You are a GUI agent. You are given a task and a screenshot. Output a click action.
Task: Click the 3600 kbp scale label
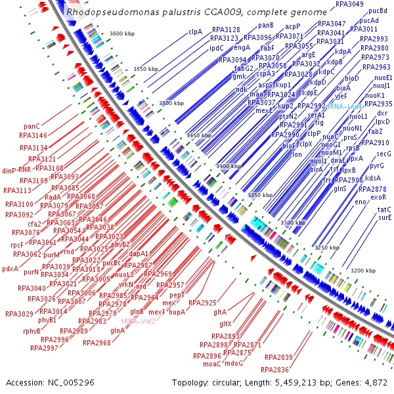(122, 33)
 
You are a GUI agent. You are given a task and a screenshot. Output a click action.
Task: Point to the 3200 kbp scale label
(361, 271)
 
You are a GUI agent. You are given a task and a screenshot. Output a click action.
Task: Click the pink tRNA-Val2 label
(139, 321)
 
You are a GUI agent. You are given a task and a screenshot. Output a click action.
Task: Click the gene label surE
(385, 217)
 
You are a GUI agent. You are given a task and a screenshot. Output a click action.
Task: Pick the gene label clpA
(195, 32)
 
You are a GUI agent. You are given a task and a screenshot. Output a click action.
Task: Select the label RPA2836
(275, 370)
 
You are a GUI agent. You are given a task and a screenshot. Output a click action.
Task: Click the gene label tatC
(385, 209)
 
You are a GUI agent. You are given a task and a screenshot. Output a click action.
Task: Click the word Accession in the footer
(26, 382)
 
